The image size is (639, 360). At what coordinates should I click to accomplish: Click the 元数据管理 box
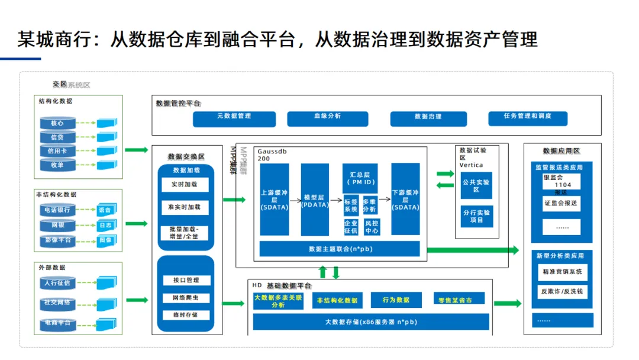point(234,118)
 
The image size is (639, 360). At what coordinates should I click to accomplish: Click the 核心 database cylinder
point(57,124)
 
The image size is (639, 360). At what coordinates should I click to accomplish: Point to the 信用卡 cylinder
point(57,151)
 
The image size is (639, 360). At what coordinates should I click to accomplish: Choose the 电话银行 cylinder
point(57,210)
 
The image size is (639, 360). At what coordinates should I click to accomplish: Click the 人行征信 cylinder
point(57,283)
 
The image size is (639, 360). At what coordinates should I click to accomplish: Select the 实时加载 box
point(185,185)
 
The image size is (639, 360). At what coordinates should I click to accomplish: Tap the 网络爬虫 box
point(185,298)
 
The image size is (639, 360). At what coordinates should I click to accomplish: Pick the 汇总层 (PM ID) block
point(360,178)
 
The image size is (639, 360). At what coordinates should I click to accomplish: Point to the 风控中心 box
point(371,227)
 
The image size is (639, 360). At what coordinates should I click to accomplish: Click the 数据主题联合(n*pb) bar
point(340,249)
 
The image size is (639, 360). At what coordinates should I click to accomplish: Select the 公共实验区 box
point(476,185)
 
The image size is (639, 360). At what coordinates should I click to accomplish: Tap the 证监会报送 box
point(561,204)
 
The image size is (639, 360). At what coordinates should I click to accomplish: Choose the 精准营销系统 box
point(561,272)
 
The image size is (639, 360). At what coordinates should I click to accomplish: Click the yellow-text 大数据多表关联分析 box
point(278,301)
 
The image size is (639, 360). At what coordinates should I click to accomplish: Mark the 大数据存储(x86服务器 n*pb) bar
point(371,322)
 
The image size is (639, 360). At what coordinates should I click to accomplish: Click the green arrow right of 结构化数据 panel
point(137,150)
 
